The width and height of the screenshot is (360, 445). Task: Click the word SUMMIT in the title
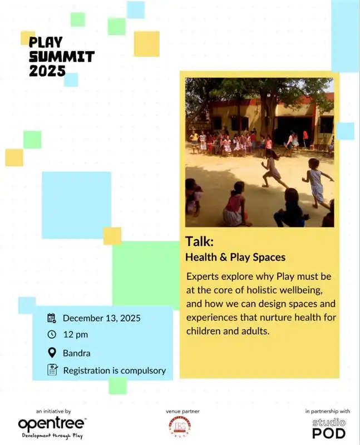[x=61, y=56]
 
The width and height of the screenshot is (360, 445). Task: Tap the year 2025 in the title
[x=47, y=71]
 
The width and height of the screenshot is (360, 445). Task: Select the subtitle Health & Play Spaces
[x=235, y=257]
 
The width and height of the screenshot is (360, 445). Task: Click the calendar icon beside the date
[x=52, y=318]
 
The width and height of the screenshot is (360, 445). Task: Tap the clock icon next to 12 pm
[x=52, y=334]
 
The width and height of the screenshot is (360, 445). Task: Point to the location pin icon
[x=52, y=353]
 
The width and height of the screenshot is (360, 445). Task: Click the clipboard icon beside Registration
[x=52, y=370]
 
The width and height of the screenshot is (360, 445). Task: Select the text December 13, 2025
[x=101, y=318]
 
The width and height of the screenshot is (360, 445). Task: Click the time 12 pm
[x=75, y=335]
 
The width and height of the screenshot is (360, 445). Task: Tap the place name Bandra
[x=76, y=353]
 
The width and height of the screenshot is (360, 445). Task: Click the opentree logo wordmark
[x=52, y=424]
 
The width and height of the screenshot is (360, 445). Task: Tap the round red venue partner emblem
[x=178, y=426]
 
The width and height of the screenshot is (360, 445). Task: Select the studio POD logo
[x=328, y=428]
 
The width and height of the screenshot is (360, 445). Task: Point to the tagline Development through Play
[x=52, y=436]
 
